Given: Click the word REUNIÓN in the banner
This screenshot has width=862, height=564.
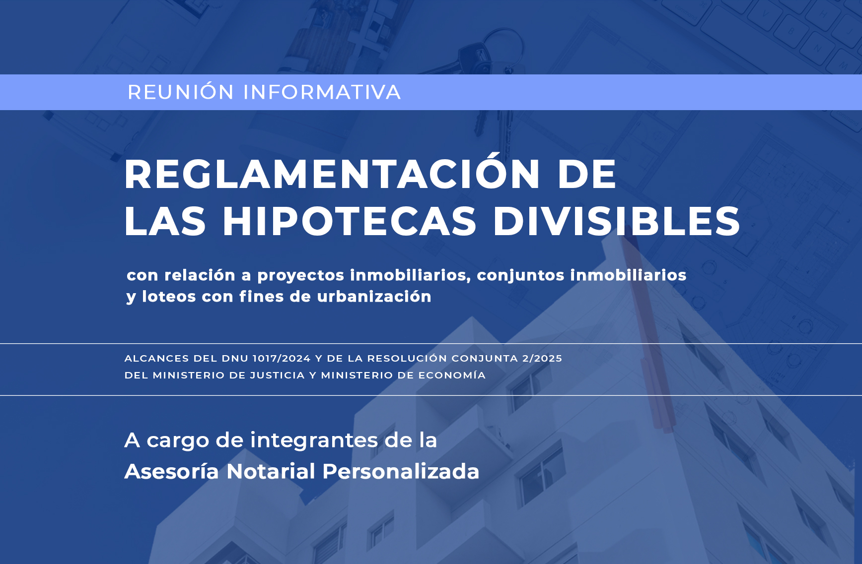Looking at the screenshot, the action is [181, 92].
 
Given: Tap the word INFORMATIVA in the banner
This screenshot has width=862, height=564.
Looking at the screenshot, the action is [322, 92].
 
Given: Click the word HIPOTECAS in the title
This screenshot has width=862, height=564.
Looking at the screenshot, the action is [350, 221].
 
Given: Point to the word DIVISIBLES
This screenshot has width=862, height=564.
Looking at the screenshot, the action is [616, 221].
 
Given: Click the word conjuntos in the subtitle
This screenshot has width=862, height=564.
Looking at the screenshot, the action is [520, 276].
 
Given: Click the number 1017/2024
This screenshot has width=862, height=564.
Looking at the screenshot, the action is [282, 358].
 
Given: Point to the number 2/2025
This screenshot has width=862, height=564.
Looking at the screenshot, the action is [542, 358].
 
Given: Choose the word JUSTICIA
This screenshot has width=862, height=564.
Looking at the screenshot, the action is [277, 375].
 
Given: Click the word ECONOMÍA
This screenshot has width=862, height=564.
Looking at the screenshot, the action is [452, 375].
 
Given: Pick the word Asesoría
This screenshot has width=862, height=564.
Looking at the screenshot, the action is [172, 471].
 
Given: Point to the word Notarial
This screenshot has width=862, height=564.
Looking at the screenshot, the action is [271, 471].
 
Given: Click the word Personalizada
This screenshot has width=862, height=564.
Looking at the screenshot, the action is [401, 471].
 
